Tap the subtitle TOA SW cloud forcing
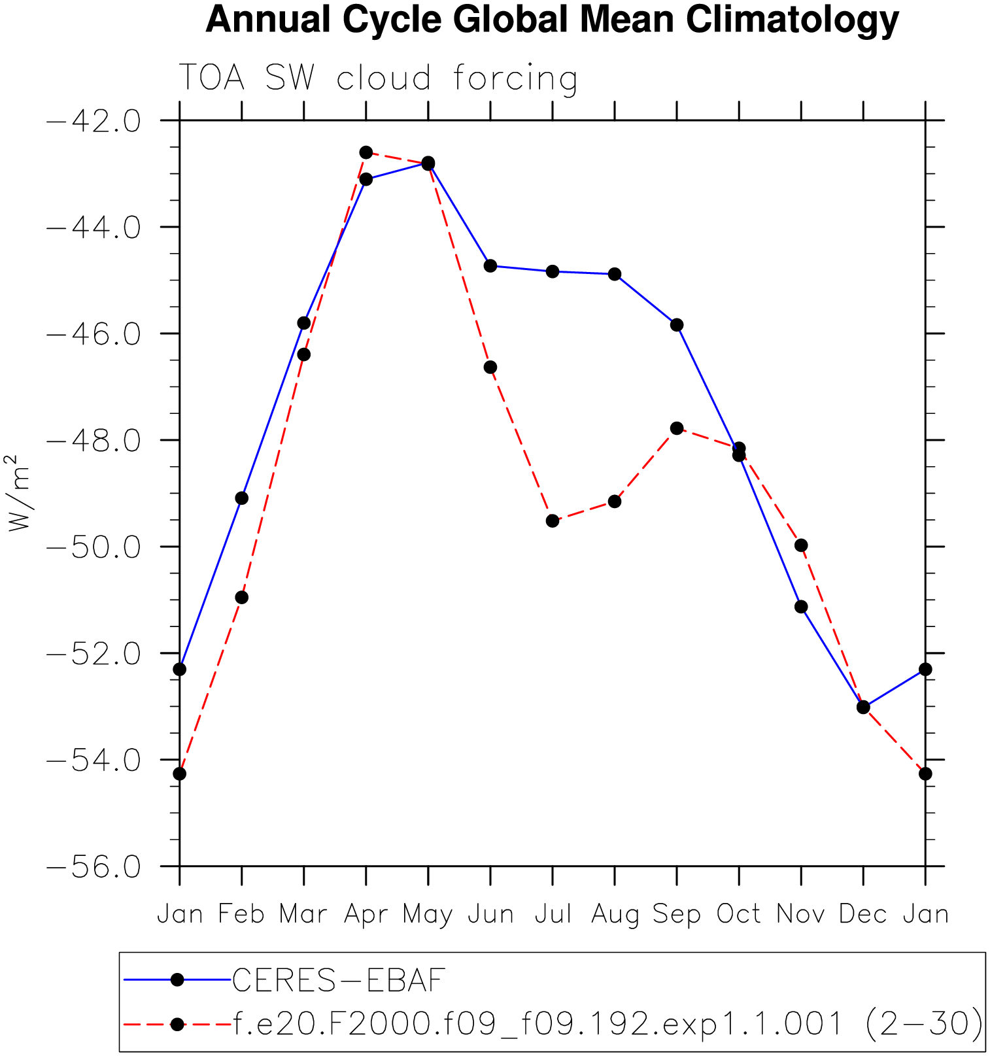(378, 78)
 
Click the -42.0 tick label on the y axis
(94, 121)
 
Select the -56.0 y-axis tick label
(94, 867)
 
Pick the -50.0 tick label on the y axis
(94, 547)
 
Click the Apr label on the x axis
(366, 914)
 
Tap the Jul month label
(553, 914)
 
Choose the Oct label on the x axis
(738, 914)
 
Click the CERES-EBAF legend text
(339, 980)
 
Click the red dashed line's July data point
(553, 521)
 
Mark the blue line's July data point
(553, 271)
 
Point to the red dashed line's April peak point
(366, 152)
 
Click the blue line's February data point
(242, 498)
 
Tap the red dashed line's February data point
(242, 598)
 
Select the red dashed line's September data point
(677, 428)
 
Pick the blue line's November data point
(801, 607)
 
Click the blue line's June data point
(490, 265)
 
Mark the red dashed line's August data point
(615, 502)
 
